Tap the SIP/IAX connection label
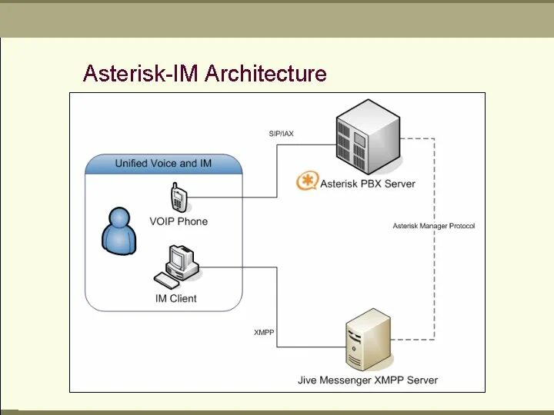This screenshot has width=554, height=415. [281, 134]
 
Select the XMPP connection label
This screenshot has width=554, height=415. [264, 332]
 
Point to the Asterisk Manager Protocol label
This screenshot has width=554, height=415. [434, 226]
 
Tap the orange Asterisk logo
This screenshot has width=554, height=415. [308, 183]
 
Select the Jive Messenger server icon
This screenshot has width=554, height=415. [368, 339]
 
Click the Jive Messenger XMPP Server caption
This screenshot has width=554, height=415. [368, 380]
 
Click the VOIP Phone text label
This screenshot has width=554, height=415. [179, 221]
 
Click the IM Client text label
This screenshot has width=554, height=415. [176, 298]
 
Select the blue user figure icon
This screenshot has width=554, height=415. [119, 231]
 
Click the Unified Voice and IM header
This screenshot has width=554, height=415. [163, 163]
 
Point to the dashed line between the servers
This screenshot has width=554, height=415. [435, 269]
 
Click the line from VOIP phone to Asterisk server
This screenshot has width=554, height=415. [278, 177]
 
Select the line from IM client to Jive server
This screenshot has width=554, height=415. [277, 307]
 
